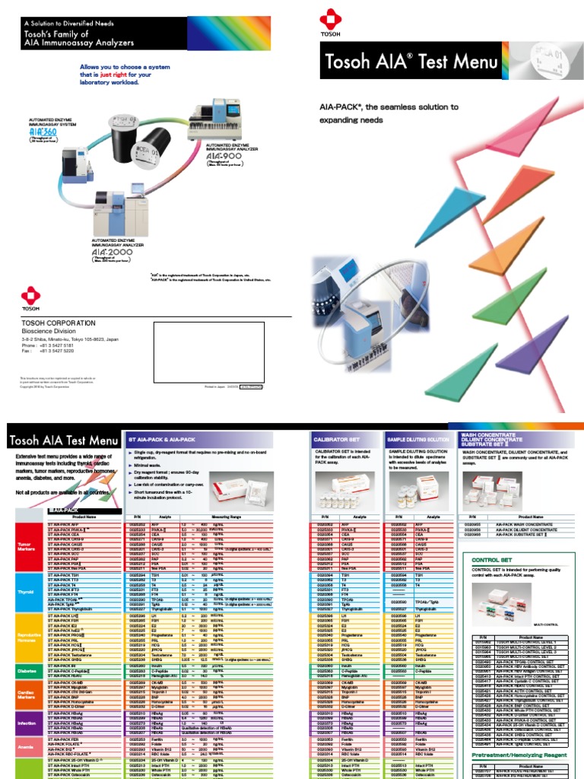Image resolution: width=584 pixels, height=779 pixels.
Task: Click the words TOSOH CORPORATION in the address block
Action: pyautogui.click(x=59, y=323)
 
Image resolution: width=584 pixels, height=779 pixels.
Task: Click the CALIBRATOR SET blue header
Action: pyautogui.click(x=336, y=440)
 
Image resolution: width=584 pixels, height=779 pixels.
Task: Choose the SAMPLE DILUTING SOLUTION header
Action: pyautogui.click(x=417, y=440)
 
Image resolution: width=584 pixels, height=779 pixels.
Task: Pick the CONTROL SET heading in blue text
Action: pyautogui.click(x=487, y=561)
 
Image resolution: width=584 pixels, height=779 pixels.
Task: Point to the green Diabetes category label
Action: pyautogui.click(x=27, y=670)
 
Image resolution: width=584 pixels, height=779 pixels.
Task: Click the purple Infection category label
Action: pyautogui.click(x=27, y=723)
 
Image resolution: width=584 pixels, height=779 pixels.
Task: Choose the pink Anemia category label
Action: pyautogui.click(x=27, y=748)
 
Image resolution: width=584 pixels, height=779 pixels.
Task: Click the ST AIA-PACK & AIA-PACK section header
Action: pyautogui.click(x=162, y=440)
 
